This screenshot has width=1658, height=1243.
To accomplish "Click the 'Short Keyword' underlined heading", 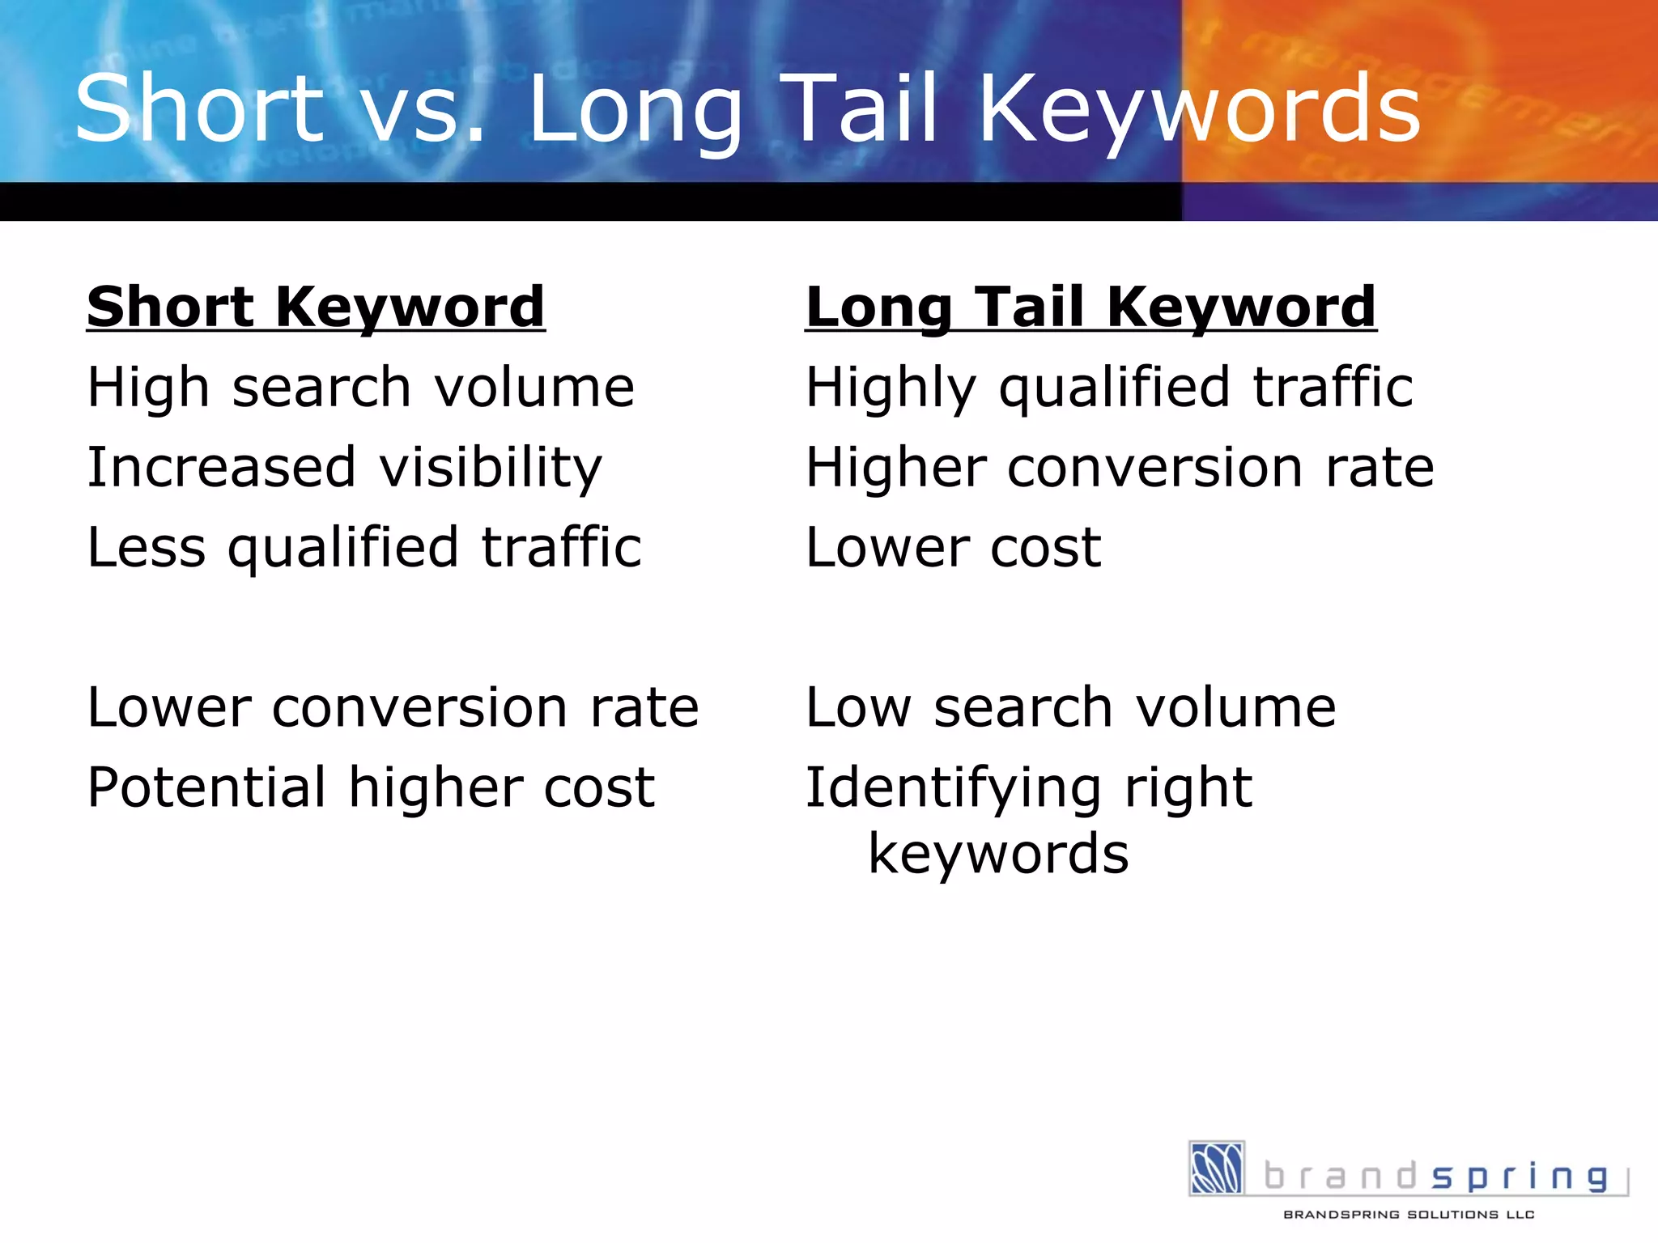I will pos(316,308).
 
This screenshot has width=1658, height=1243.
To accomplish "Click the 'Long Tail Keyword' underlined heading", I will pos(1090,308).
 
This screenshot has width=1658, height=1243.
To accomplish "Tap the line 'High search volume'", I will pos(361,387).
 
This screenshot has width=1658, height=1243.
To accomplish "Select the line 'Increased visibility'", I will pos(345,468).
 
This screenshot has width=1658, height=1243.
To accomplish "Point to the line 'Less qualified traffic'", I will pos(364,548).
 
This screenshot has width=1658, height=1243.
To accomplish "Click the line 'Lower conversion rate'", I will pos(393,708).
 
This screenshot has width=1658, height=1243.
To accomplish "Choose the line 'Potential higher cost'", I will pos(371,787).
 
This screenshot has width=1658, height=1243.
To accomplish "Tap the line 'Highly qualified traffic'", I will pos(1109,387).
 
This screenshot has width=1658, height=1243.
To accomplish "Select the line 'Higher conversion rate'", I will pos(1120,468).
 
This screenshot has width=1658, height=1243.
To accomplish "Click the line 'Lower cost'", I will pos(953,548).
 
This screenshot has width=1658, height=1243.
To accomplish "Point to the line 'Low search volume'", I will pos(1070,708).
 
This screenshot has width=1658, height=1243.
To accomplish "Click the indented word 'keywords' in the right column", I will pos(998,855).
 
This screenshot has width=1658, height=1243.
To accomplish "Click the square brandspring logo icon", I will pos(1216,1168).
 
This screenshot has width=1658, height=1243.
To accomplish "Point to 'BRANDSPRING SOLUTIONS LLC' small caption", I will pos(1409,1215).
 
